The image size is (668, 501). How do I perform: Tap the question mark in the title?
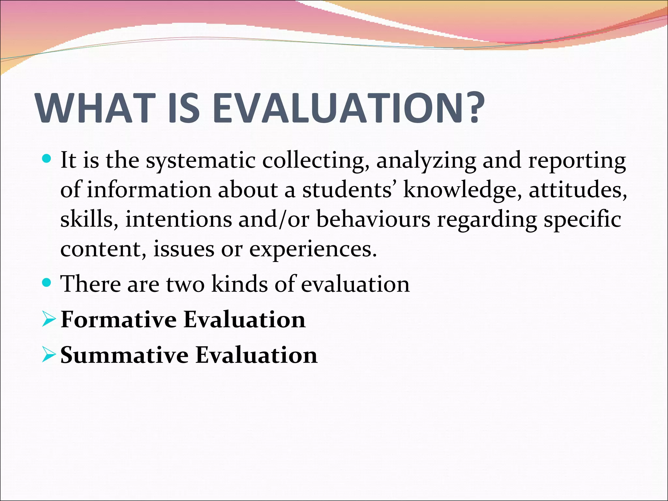point(470,108)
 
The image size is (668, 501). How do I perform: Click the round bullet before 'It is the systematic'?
point(47,159)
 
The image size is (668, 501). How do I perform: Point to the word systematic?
point(201,161)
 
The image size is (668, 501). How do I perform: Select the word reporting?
point(577,161)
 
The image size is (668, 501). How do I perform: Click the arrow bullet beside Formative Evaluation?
point(49,320)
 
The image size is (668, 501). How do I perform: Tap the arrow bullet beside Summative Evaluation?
point(49,355)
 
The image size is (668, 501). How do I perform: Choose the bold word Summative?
point(124,355)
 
